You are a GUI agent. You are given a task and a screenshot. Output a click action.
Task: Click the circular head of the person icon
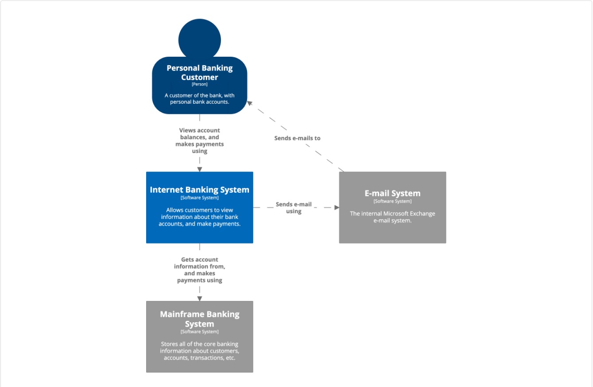click(x=200, y=39)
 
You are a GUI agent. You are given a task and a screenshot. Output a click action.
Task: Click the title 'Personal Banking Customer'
click(x=200, y=73)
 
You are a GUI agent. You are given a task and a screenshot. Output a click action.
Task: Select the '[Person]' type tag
click(x=200, y=84)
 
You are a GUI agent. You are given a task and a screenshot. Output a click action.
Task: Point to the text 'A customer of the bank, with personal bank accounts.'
click(x=200, y=98)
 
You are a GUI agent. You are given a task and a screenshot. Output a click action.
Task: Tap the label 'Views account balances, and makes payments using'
click(x=200, y=141)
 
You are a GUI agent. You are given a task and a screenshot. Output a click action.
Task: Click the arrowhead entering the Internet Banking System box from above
click(x=200, y=169)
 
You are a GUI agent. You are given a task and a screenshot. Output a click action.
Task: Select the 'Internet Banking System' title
click(x=200, y=190)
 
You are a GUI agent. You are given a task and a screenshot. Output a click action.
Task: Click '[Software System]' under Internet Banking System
click(x=200, y=198)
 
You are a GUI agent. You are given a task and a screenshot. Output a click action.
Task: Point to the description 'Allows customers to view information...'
click(x=200, y=217)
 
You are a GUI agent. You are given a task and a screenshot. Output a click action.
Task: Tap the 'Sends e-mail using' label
click(x=294, y=208)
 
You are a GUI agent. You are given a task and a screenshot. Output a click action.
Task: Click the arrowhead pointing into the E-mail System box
click(x=337, y=207)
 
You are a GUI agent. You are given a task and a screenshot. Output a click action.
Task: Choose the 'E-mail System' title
click(x=392, y=193)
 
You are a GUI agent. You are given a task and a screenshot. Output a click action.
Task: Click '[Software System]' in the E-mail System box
click(x=392, y=201)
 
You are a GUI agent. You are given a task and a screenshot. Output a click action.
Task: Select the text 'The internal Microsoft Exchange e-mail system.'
click(x=392, y=217)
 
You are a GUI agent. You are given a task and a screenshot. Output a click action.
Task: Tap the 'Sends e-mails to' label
click(x=297, y=138)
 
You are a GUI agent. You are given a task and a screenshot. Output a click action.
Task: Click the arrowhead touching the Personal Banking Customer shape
click(x=249, y=103)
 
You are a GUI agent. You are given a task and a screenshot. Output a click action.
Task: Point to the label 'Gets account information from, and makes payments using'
click(x=200, y=270)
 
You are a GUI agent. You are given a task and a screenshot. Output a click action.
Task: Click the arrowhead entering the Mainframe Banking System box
click(x=200, y=299)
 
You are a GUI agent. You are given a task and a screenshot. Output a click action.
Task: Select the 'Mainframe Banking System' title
click(x=200, y=319)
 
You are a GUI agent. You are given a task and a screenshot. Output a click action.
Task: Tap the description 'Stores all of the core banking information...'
click(x=200, y=351)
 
